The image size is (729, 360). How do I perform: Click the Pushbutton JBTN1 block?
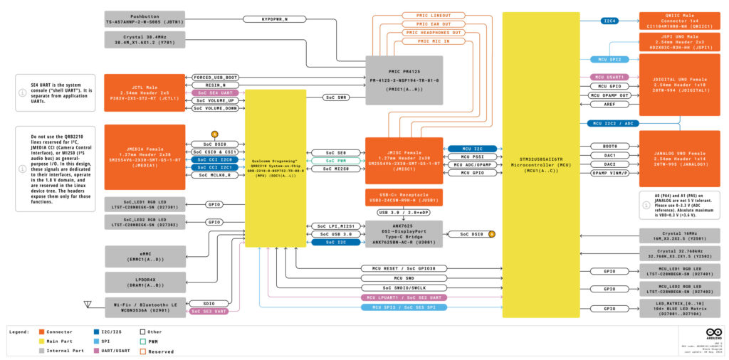coord(145,19)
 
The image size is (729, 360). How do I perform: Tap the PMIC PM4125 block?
coord(404,76)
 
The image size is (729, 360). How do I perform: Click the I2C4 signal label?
coord(610,21)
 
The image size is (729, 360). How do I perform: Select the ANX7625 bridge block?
coord(404,233)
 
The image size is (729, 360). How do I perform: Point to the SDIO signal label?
coord(199,302)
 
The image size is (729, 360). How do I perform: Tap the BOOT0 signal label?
coord(610,146)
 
